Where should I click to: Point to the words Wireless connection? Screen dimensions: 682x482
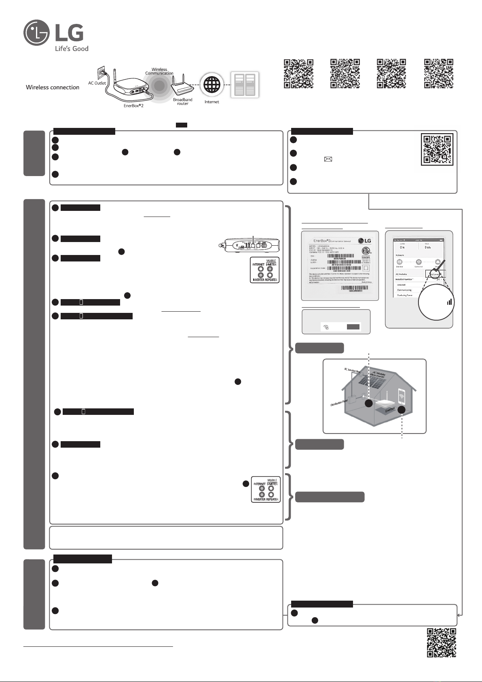pyautogui.click(x=53, y=87)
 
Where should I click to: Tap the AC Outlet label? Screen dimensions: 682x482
pyautogui.click(x=97, y=83)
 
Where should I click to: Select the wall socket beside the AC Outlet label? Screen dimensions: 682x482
pyautogui.click(x=100, y=73)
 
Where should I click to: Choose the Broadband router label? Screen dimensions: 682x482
pyautogui.click(x=183, y=102)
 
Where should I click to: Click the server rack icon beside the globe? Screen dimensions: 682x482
pyautogui.click(x=244, y=85)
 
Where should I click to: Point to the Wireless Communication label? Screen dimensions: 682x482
pyautogui.click(x=159, y=71)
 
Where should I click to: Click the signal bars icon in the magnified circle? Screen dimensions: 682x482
pyautogui.click(x=449, y=302)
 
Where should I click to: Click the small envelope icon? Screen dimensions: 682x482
pyautogui.click(x=326, y=159)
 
